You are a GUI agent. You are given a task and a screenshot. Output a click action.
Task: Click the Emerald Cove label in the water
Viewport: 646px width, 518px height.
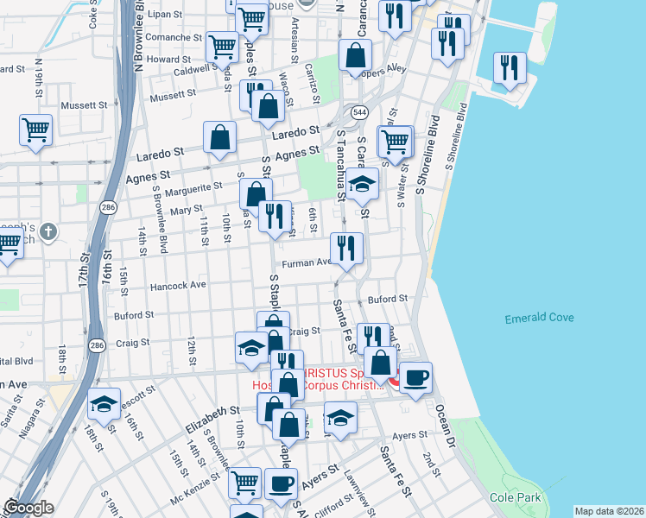(539, 319)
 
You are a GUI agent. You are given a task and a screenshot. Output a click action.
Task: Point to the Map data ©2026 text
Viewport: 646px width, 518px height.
(610, 511)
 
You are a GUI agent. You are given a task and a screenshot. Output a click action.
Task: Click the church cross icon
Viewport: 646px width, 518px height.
(49, 231)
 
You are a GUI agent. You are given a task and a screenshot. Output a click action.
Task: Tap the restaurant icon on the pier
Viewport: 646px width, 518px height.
(510, 67)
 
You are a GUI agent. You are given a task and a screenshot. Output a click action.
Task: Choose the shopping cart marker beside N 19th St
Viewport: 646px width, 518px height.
(36, 130)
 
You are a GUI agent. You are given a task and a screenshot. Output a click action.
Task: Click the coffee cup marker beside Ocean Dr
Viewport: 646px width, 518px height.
(415, 377)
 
